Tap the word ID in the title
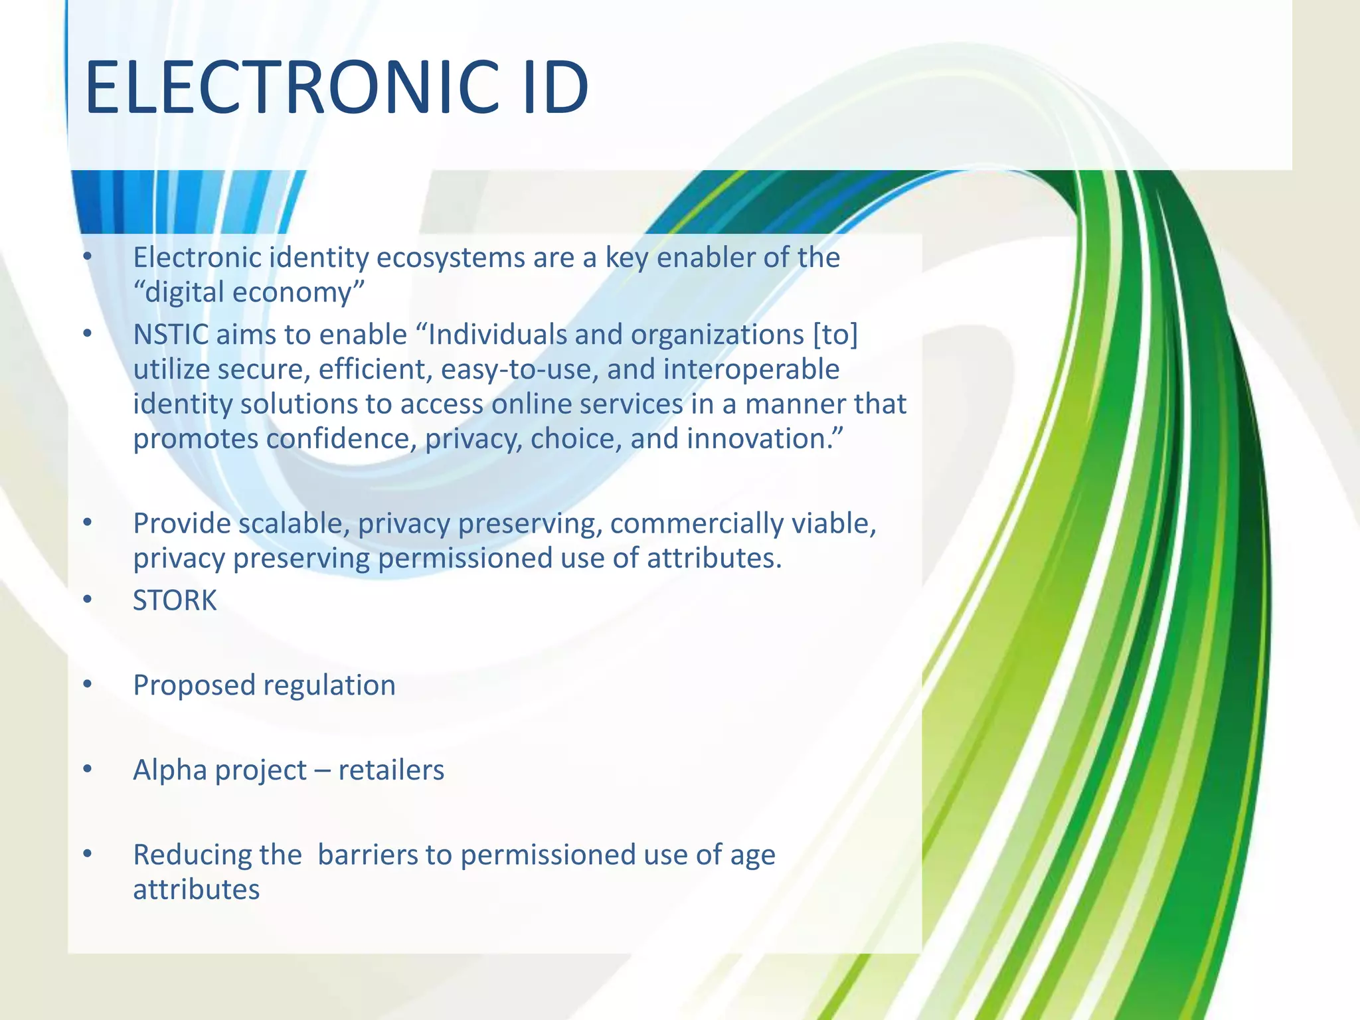[555, 88]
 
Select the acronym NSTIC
[171, 335]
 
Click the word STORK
[175, 600]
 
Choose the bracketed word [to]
[835, 335]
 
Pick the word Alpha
[169, 770]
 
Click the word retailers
[391, 770]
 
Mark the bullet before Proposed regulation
[87, 684]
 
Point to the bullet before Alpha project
[87, 769]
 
